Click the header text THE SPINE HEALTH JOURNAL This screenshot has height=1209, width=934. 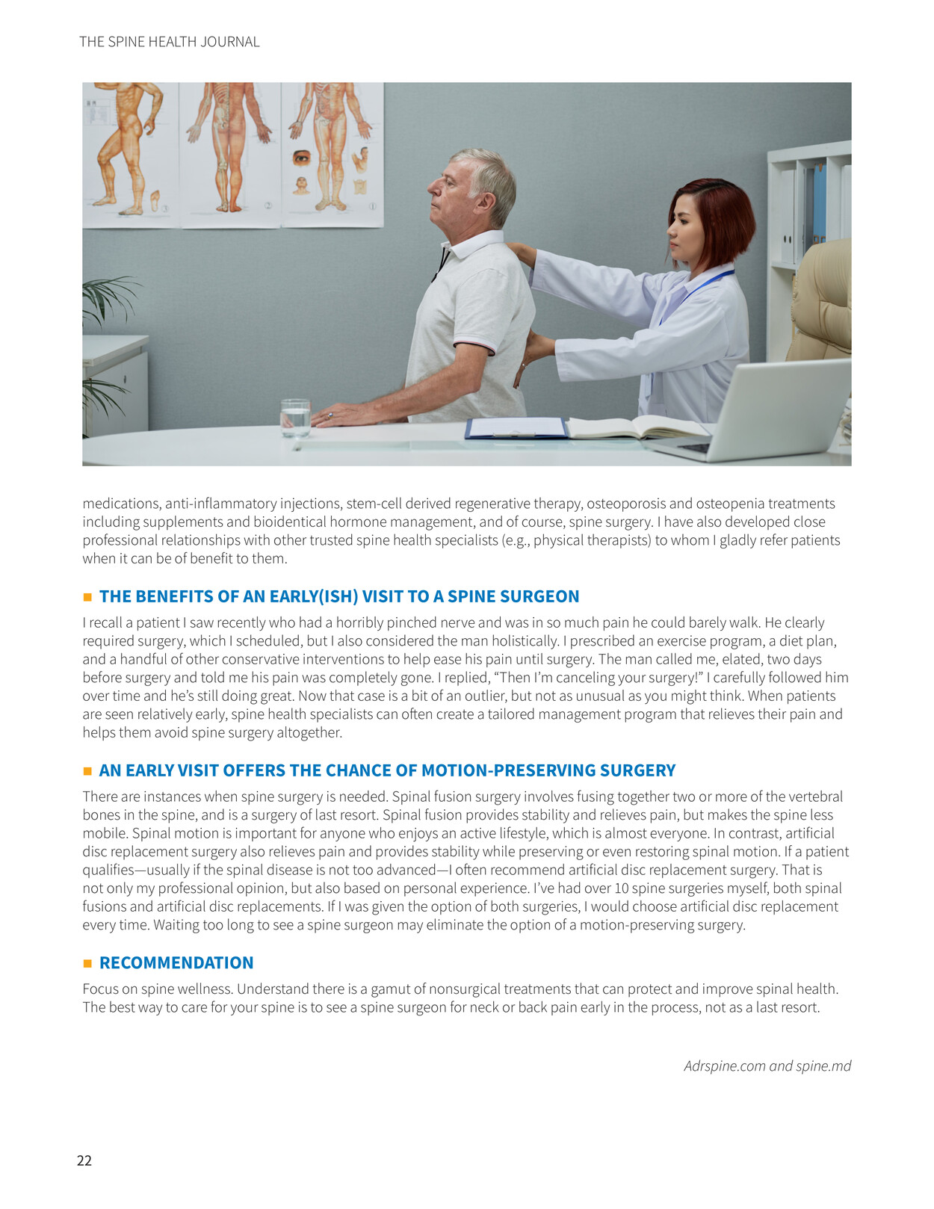click(x=170, y=42)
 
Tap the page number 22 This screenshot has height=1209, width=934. click(x=84, y=1160)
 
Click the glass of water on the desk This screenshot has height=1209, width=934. click(x=295, y=418)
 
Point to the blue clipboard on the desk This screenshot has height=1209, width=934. click(x=516, y=427)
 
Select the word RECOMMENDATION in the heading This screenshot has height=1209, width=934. click(x=176, y=962)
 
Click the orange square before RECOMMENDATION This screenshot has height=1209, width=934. click(x=87, y=963)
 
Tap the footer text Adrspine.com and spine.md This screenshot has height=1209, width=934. click(x=767, y=1066)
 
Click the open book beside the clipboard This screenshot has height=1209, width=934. click(x=635, y=427)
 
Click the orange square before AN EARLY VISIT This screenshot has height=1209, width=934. click(x=87, y=771)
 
